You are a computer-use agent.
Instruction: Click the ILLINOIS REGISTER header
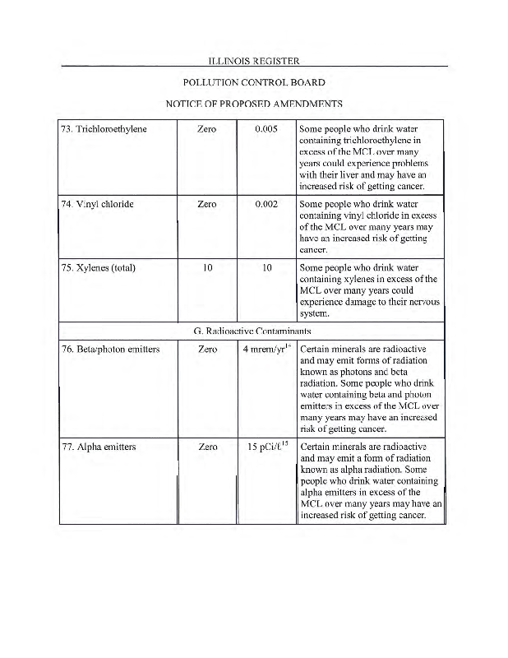pos(253,61)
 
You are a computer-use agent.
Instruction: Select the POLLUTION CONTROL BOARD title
pos(253,82)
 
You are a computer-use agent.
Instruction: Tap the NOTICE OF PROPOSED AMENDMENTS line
pos(253,104)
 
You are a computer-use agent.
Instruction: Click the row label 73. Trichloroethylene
pos(104,129)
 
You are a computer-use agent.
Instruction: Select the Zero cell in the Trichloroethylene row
pos(207,129)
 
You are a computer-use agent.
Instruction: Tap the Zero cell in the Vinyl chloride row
pos(207,203)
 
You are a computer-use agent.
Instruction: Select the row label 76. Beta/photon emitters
pos(111,349)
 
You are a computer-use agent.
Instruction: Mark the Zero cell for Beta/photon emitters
pos(207,349)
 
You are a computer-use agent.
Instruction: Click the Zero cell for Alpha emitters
pos(207,447)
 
